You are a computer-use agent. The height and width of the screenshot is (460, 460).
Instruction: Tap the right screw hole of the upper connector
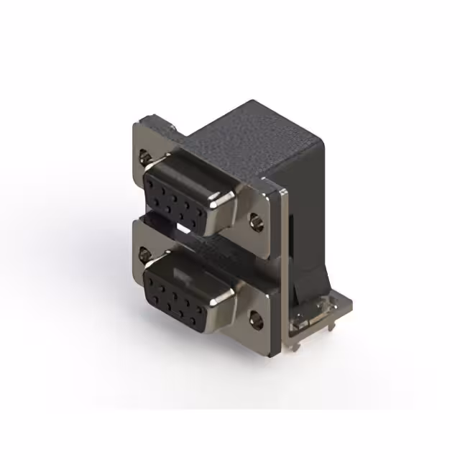pos(257,222)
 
